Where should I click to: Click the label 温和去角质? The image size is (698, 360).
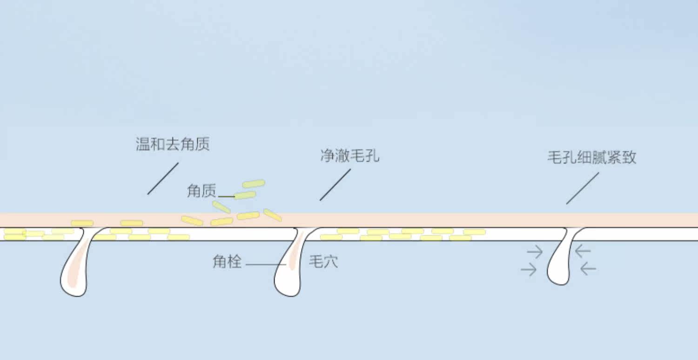point(173,144)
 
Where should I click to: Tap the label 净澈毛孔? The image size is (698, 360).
point(350,156)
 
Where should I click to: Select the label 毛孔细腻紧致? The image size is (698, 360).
point(591,158)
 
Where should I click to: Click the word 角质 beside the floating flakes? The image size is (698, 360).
point(201,191)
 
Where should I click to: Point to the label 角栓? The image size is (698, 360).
point(227,262)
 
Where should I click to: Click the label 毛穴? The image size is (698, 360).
point(323,262)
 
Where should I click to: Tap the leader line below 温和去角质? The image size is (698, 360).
point(163,179)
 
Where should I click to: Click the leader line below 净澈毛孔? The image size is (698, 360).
point(335,185)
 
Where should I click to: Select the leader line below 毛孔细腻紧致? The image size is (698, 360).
point(583,188)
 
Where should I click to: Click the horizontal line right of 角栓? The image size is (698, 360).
point(265,265)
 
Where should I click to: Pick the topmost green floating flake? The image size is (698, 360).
point(254,184)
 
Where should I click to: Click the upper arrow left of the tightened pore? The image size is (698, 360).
point(535,252)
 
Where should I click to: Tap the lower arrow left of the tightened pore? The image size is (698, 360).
point(529,269)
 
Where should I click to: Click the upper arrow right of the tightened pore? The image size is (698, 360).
point(583,252)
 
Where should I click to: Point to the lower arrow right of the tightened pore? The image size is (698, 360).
point(588,268)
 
